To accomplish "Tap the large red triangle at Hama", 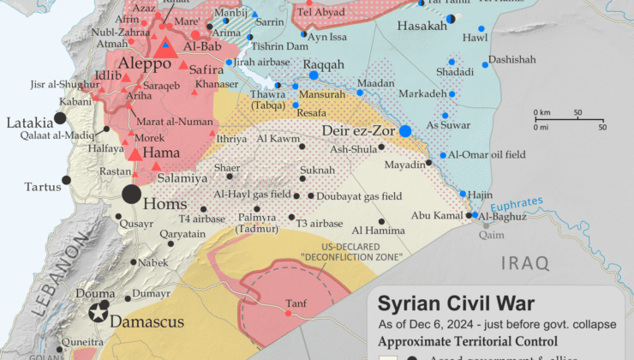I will (135, 153).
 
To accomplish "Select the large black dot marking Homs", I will (131, 194).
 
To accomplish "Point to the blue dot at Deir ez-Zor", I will (405, 131).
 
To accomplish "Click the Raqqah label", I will (323, 64).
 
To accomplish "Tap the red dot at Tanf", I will (288, 314).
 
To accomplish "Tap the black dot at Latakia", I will (60, 117).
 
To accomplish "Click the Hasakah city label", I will (422, 27).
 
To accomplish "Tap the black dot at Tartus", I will (66, 180).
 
